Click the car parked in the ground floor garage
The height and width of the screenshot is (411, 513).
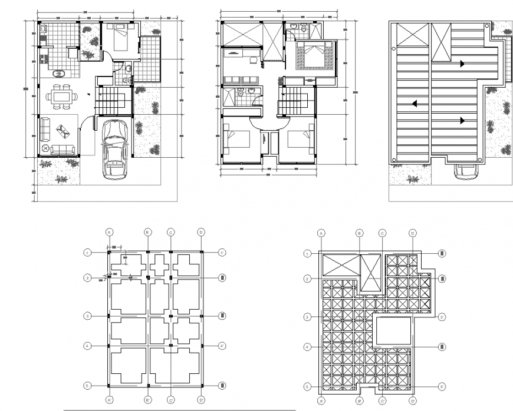[114, 149]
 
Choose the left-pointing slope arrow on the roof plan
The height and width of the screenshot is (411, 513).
[415, 104]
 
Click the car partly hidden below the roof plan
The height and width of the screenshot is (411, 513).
[465, 170]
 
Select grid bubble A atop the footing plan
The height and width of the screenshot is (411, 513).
[109, 232]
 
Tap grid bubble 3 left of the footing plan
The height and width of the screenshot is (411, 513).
[87, 316]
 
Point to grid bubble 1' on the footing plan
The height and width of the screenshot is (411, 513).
[222, 253]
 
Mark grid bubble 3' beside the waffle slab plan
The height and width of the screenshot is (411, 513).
[442, 317]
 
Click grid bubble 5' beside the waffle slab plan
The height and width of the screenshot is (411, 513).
[442, 387]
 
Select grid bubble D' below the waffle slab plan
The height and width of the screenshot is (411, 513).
[413, 401]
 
